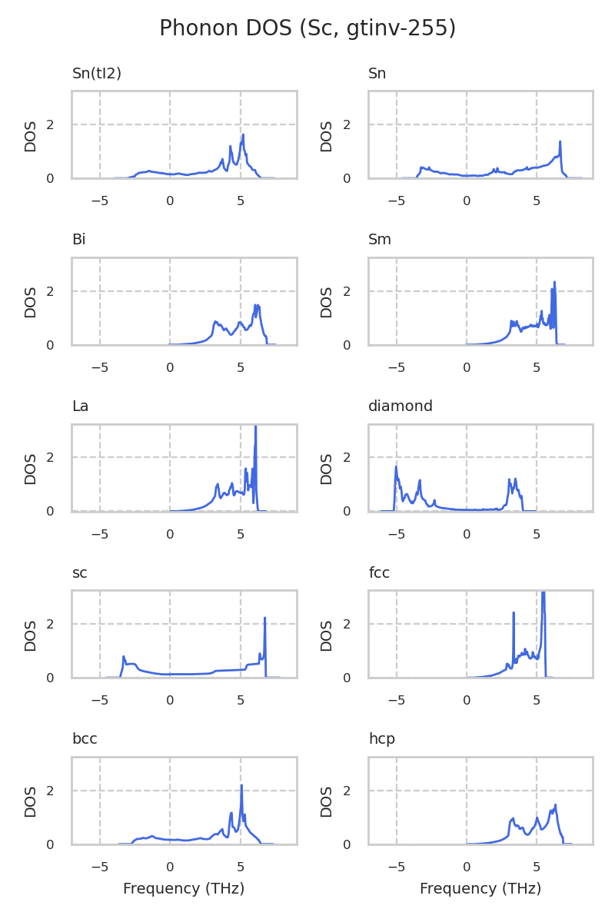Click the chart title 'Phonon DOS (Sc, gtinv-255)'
point(307,28)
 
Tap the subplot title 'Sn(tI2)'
point(97,74)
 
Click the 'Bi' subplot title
point(78,240)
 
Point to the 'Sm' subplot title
point(380,240)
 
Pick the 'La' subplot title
point(80,406)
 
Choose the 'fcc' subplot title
point(379,572)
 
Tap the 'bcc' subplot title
point(85,739)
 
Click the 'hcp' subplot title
point(381,739)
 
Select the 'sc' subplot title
point(79,572)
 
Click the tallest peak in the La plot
point(255,427)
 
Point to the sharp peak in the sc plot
point(264,618)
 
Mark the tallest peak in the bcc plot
point(241,785)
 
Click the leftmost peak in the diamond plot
point(396,467)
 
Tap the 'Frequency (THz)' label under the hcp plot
point(480,889)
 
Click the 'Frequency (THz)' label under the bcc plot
point(184,889)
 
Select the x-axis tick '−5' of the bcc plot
point(100,867)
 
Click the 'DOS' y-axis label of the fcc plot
point(327,635)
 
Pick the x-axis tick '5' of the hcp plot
point(537,867)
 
